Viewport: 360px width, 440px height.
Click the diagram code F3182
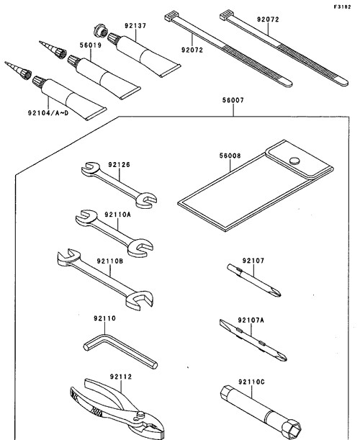[342, 6]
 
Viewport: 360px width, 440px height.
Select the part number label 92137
[135, 26]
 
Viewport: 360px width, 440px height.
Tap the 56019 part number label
[90, 45]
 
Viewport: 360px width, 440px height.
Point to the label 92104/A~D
[48, 113]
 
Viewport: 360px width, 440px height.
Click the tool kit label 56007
[233, 100]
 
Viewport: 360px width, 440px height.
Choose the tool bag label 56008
[230, 156]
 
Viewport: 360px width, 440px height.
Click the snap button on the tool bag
[294, 161]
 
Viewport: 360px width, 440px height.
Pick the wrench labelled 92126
[119, 185]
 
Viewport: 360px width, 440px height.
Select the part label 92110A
[118, 215]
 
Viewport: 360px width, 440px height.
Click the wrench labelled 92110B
[105, 279]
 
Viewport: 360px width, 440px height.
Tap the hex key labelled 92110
[121, 350]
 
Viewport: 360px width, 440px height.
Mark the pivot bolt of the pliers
[140, 414]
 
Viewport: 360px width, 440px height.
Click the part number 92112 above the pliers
[121, 377]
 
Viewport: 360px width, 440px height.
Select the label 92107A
[251, 320]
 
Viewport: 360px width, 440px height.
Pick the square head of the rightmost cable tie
[226, 15]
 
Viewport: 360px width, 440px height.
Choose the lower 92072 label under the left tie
[192, 50]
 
